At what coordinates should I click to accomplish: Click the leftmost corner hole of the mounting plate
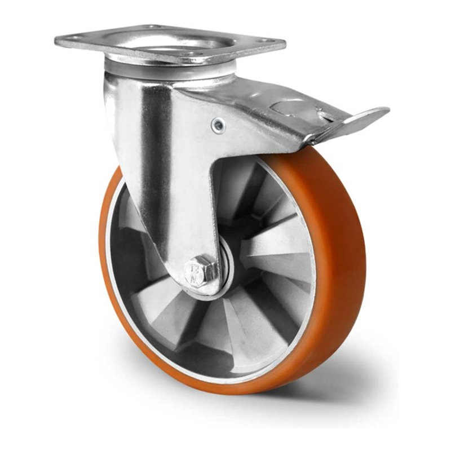coord(73,38)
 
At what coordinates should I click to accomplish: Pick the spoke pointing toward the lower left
coord(163,316)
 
